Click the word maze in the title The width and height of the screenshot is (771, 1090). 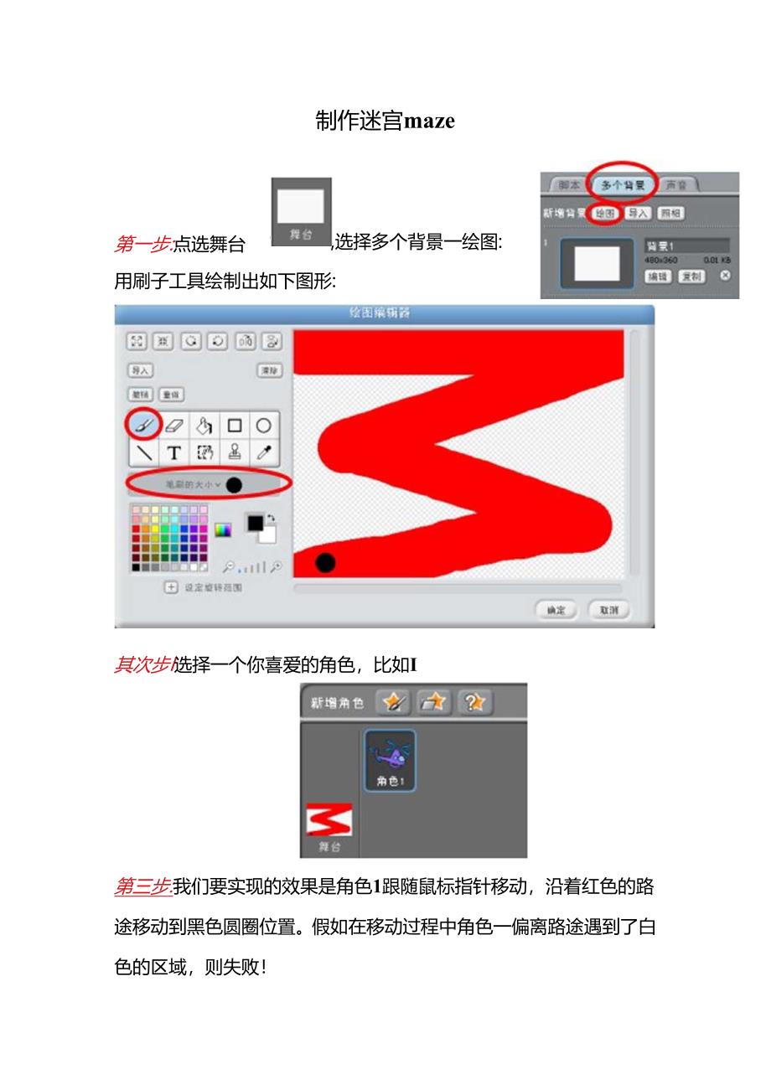click(429, 121)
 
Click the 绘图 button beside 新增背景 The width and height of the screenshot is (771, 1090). click(604, 214)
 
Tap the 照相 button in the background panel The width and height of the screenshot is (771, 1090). click(670, 214)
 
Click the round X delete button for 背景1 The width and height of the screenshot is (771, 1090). click(725, 275)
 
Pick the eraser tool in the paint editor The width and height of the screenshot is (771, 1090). click(174, 425)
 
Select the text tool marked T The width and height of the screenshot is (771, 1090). click(174, 453)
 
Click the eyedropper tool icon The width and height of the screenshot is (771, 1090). click(264, 453)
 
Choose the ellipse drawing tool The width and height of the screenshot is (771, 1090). click(264, 425)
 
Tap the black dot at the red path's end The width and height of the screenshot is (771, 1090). click(325, 562)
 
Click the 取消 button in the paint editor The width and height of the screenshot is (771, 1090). click(608, 610)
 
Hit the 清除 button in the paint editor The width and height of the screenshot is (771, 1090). click(269, 369)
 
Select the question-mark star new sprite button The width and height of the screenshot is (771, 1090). click(474, 703)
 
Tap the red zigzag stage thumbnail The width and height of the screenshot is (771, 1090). click(329, 820)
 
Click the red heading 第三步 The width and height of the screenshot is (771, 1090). click(142, 886)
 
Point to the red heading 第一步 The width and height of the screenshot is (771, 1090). click(142, 245)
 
